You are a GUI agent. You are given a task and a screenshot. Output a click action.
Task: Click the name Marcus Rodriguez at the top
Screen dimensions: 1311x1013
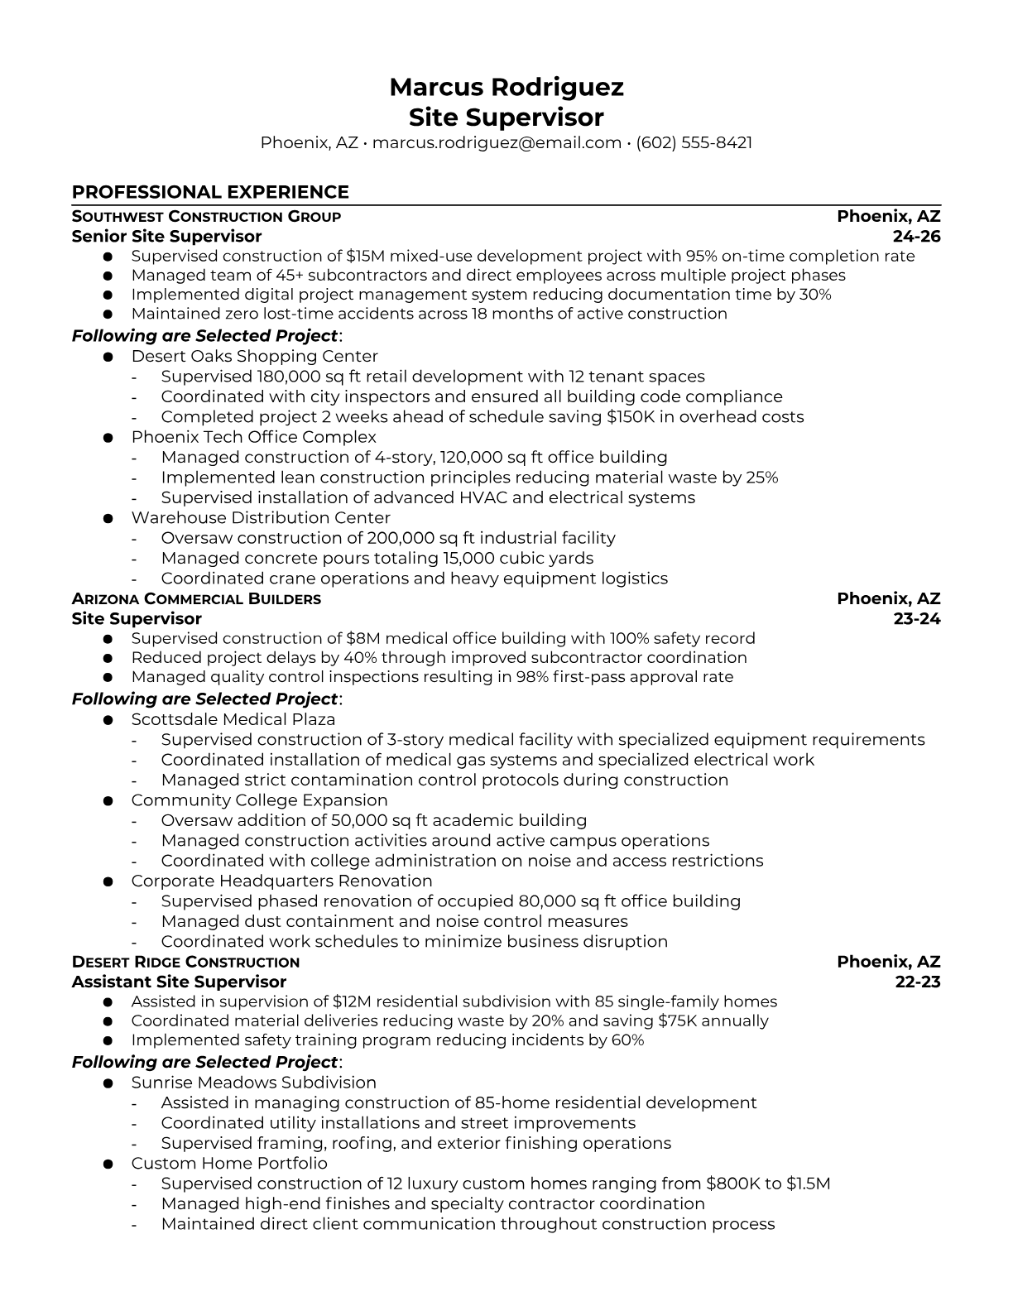[506, 87]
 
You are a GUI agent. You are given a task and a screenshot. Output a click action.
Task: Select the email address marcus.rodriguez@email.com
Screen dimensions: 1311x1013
[497, 142]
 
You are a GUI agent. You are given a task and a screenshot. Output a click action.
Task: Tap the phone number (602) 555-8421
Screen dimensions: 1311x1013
[694, 142]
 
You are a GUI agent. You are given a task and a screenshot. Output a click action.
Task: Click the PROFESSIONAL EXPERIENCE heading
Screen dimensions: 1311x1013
[210, 192]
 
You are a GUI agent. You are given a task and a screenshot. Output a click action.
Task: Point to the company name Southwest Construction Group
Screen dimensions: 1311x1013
[206, 217]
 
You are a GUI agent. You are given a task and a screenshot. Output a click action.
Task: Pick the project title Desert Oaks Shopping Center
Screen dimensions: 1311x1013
[254, 356]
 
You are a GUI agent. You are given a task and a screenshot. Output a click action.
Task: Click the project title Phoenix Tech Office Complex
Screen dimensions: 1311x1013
[253, 437]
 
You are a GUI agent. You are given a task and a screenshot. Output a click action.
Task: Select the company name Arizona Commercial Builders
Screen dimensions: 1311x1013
[196, 598]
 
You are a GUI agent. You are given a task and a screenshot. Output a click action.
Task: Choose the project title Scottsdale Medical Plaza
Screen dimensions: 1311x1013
[233, 719]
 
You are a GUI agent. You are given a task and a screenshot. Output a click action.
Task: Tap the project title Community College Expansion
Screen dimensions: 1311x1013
[259, 800]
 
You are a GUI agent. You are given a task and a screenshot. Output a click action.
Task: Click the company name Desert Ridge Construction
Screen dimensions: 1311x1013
[185, 962]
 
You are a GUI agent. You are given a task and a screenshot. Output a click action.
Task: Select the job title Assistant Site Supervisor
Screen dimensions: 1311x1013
[179, 982]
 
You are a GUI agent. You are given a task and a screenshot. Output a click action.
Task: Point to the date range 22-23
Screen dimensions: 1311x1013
[918, 982]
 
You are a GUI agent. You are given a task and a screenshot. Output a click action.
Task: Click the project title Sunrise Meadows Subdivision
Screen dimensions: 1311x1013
[253, 1083]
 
